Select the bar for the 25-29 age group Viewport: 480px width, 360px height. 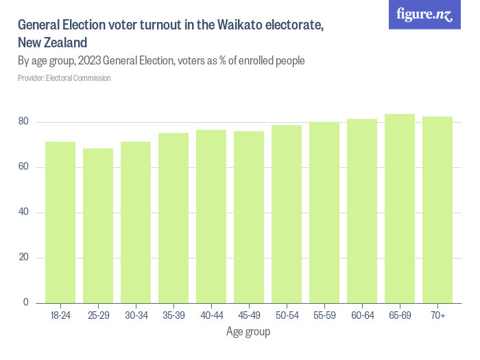(98, 226)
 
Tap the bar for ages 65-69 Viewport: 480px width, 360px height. (400, 208)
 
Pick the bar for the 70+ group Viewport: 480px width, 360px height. (437, 210)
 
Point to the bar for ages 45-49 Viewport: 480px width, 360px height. (249, 217)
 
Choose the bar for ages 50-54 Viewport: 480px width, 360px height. (287, 214)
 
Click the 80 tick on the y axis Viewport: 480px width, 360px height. (23, 122)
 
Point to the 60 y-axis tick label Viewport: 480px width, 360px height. (23, 167)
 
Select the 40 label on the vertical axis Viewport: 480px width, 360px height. (23, 213)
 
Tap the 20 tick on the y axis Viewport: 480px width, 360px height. (23, 258)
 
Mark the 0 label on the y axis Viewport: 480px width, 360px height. (26, 302)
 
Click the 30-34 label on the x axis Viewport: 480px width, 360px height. (136, 315)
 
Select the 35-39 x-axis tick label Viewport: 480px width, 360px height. (173, 315)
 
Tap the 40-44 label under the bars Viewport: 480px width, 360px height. (211, 315)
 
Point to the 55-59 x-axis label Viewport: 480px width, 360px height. (324, 315)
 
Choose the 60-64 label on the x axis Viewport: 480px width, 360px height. (362, 315)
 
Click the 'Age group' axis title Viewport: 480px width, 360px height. (248, 332)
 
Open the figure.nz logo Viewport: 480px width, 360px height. (425, 14)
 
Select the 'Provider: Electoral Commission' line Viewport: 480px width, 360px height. (64, 78)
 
